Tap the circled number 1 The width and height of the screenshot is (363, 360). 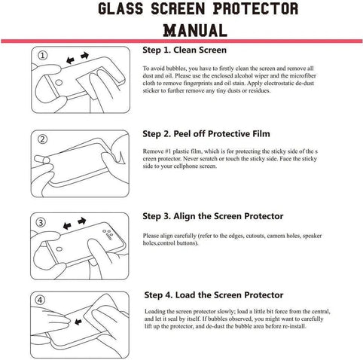point(43,55)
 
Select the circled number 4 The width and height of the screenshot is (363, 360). point(43,300)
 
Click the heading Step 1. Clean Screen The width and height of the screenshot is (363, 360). point(185,51)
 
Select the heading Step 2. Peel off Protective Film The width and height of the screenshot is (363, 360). point(206,134)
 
